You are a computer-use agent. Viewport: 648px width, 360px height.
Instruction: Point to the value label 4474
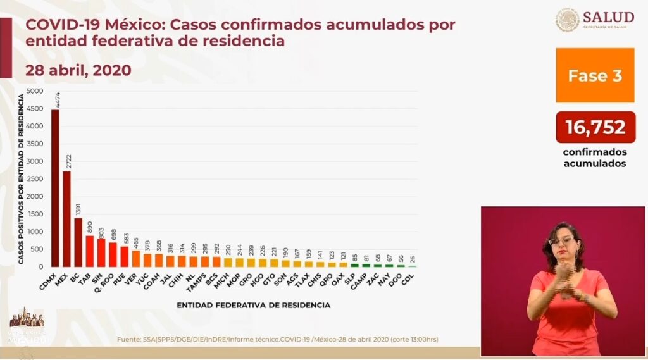click(55, 100)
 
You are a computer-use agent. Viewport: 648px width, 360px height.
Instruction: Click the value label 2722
click(66, 161)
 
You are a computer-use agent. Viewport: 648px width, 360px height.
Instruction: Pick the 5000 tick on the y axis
click(35, 91)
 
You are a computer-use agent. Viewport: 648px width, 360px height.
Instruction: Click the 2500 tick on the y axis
click(35, 179)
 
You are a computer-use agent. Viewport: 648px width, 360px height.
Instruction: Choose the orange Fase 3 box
click(594, 75)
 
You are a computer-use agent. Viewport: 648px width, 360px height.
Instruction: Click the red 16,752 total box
click(595, 127)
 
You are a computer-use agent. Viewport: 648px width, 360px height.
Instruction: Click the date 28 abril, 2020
click(78, 70)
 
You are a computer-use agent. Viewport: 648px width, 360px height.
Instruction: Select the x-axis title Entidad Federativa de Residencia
click(253, 305)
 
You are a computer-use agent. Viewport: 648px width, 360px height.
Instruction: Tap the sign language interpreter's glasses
click(561, 240)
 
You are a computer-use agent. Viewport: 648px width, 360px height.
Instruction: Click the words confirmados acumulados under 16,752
click(595, 158)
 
